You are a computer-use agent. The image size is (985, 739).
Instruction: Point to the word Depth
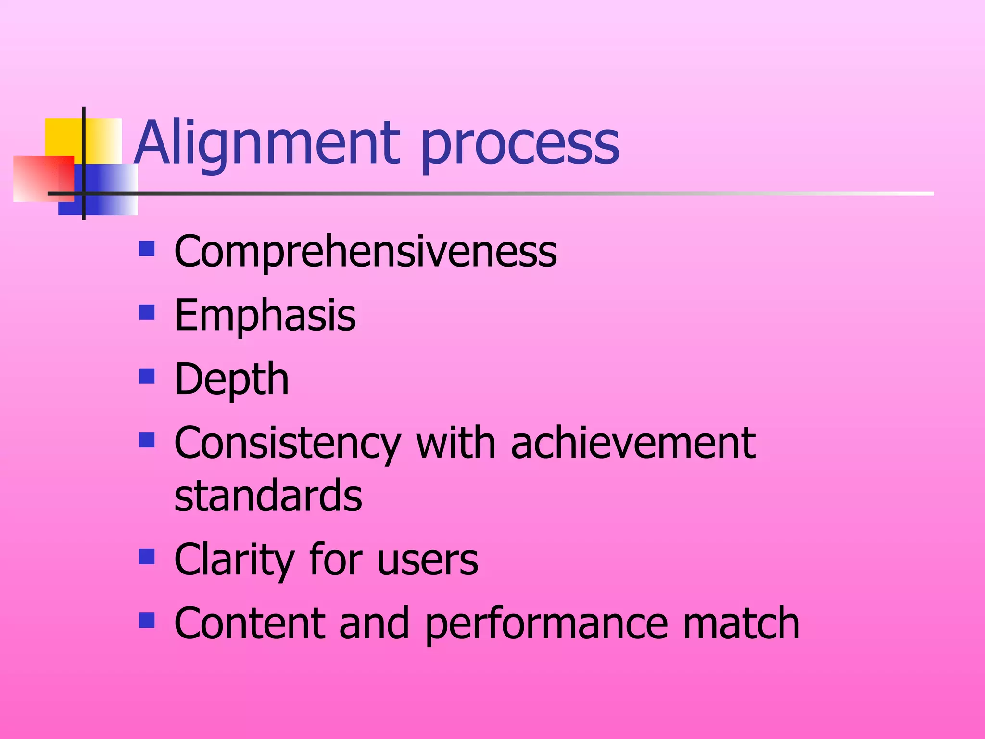point(231,380)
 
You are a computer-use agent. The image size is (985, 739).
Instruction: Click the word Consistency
point(287,444)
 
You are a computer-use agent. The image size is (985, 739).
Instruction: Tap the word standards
point(268,496)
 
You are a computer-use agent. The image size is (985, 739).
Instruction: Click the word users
point(428,561)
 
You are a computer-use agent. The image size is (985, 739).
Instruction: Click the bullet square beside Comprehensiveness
point(147,249)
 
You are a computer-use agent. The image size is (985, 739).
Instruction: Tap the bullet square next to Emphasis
point(147,313)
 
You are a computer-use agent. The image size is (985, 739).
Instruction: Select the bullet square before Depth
point(147,376)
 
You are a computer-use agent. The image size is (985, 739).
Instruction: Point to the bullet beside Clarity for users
point(147,557)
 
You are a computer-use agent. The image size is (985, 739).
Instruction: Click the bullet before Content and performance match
point(147,621)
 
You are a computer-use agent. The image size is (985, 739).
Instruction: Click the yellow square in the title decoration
point(65,137)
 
